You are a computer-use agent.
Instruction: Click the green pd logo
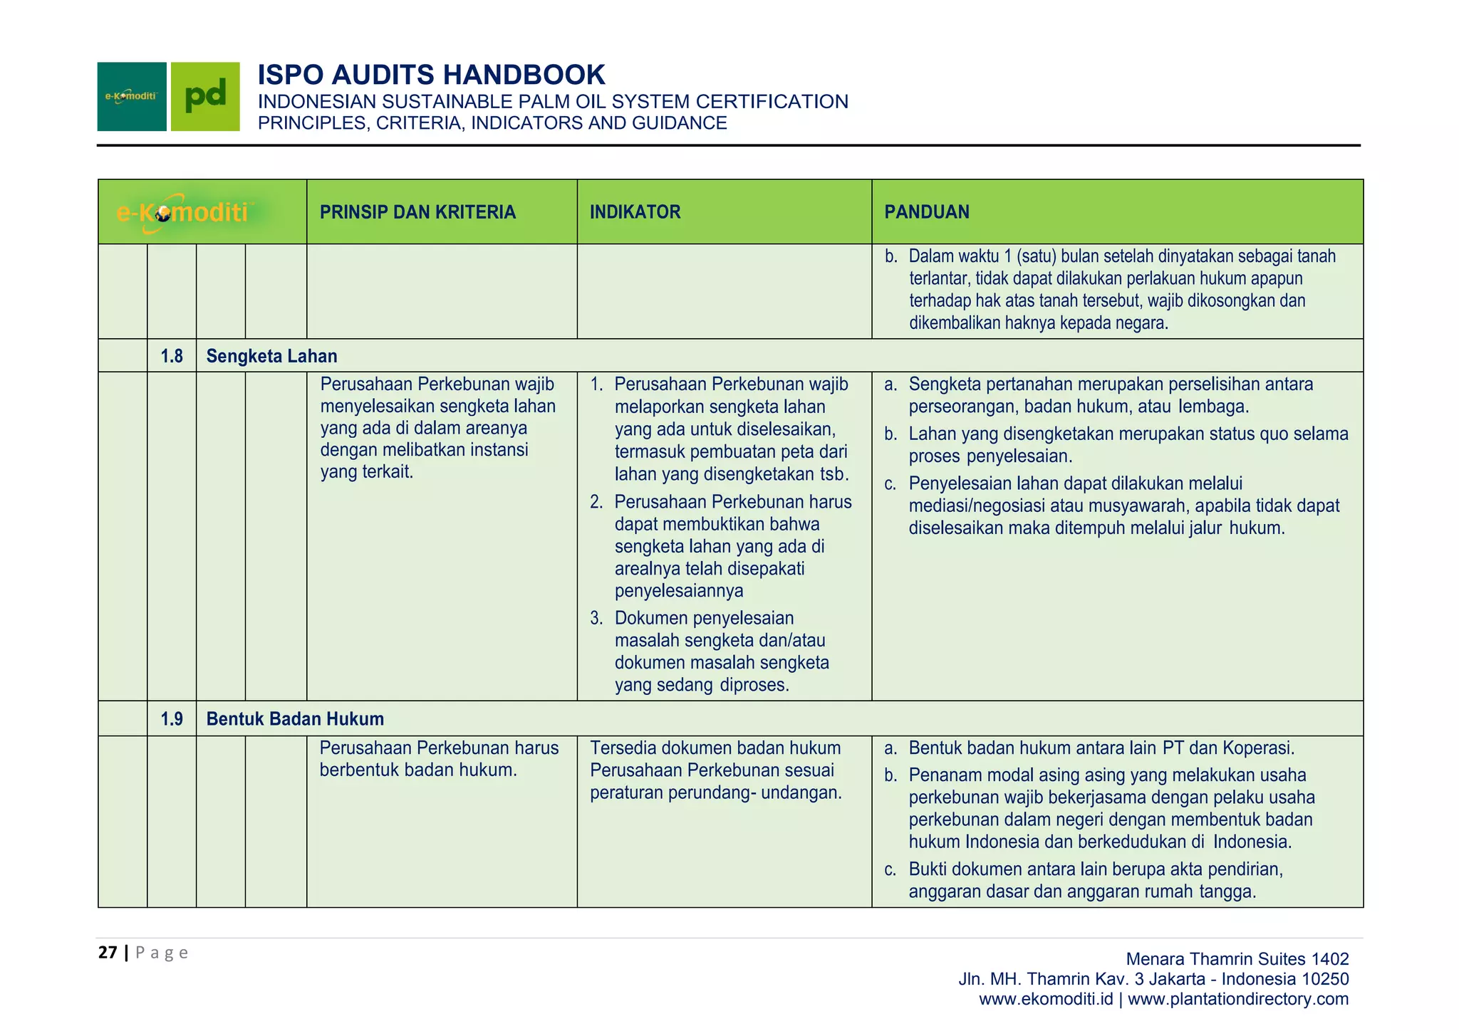pyautogui.click(x=205, y=97)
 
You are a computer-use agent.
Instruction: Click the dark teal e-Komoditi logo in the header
pyautogui.click(x=132, y=97)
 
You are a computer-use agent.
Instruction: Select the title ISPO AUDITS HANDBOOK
pyautogui.click(x=431, y=75)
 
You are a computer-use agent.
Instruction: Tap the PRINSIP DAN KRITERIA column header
pyautogui.click(x=417, y=212)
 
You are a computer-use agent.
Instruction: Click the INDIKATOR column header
pyautogui.click(x=635, y=212)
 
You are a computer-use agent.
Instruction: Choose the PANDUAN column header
pyautogui.click(x=926, y=212)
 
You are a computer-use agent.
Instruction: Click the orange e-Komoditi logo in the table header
pyautogui.click(x=183, y=212)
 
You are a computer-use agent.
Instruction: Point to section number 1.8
pyautogui.click(x=172, y=356)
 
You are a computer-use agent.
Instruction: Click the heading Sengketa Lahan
pyautogui.click(x=271, y=356)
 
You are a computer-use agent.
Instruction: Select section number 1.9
pyautogui.click(x=172, y=719)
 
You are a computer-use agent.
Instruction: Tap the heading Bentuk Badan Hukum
pyautogui.click(x=295, y=719)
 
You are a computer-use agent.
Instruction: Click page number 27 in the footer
pyautogui.click(x=108, y=953)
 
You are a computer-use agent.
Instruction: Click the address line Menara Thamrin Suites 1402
pyautogui.click(x=1237, y=959)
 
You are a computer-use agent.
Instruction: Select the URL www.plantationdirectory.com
pyautogui.click(x=1238, y=999)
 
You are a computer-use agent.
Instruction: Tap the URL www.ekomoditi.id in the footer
pyautogui.click(x=1045, y=999)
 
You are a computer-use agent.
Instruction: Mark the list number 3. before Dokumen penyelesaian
pyautogui.click(x=596, y=619)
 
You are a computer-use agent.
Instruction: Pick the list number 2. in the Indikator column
pyautogui.click(x=596, y=503)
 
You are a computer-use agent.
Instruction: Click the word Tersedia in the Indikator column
pyautogui.click(x=622, y=748)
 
